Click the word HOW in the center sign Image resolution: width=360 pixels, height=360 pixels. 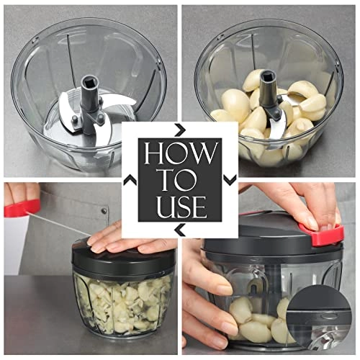[179, 154]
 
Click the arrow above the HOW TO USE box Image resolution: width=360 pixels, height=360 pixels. [179, 130]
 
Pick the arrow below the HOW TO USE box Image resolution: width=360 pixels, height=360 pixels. [179, 230]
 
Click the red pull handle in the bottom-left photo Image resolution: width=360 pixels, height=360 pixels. [22, 209]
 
